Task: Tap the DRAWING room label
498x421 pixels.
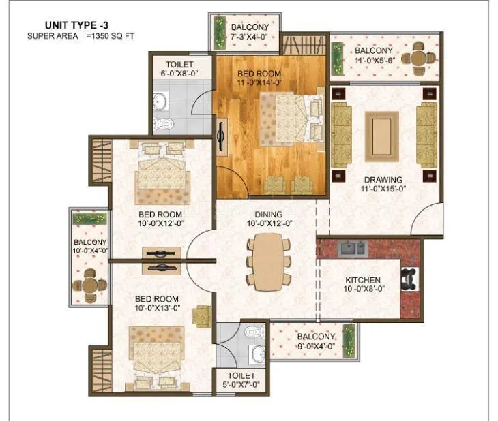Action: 382,180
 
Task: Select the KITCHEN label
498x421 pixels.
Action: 362,281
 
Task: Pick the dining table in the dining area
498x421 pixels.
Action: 265,261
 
